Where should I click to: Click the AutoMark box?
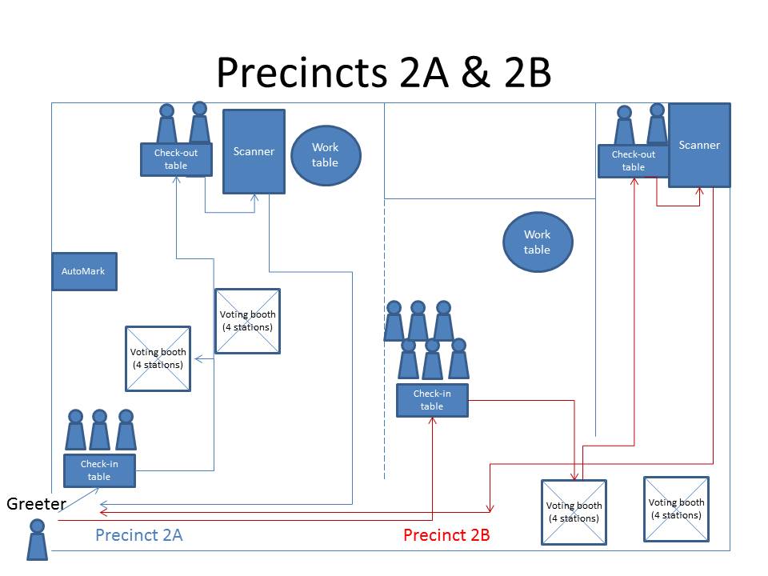(84, 271)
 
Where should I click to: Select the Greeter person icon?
(37, 539)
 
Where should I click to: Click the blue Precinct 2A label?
(138, 535)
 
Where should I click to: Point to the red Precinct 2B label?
(446, 535)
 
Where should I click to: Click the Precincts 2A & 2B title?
(383, 73)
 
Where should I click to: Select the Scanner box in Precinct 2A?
(254, 151)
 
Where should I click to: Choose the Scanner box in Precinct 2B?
(699, 145)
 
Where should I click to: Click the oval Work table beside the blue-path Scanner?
(325, 154)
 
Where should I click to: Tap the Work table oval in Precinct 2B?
(537, 242)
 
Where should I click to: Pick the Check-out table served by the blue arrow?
(176, 159)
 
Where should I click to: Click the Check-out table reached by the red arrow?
(633, 160)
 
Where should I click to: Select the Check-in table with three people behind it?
(99, 470)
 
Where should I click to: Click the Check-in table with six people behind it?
(431, 400)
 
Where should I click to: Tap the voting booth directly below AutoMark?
(158, 358)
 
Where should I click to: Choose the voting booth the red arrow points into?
(574, 512)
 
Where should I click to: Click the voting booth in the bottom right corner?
(676, 509)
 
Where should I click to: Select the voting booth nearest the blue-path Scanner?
(247, 321)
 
